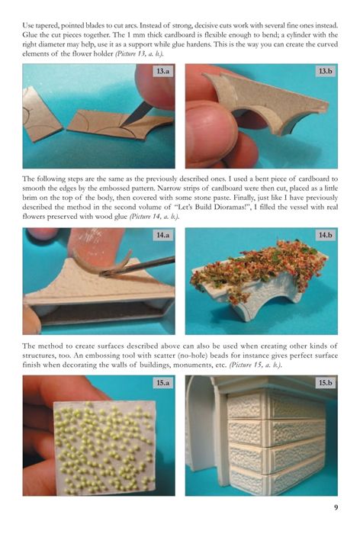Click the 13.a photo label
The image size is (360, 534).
pyautogui.click(x=162, y=71)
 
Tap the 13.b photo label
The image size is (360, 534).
pyautogui.click(x=325, y=71)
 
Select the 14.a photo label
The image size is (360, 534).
pyautogui.click(x=162, y=235)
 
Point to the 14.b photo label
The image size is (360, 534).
pyautogui.click(x=325, y=235)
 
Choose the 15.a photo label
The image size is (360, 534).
pyautogui.click(x=162, y=383)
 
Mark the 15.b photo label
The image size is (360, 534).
pyautogui.click(x=325, y=383)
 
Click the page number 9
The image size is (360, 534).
pyautogui.click(x=336, y=507)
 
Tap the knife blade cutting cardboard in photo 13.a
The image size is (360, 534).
pyautogui.click(x=137, y=114)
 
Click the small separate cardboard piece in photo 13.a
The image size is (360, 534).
pyautogui.click(x=41, y=114)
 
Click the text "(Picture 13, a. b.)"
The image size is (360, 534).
pyautogui.click(x=139, y=54)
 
